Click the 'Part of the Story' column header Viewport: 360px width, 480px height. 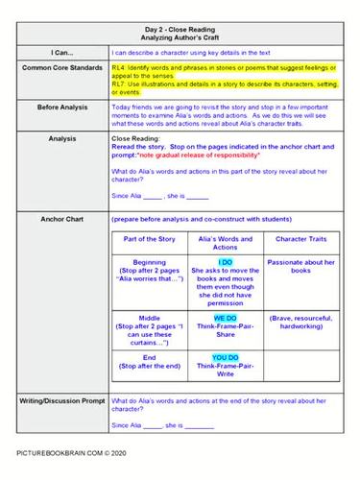click(x=144, y=238)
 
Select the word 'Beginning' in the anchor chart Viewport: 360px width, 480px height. click(x=144, y=261)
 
